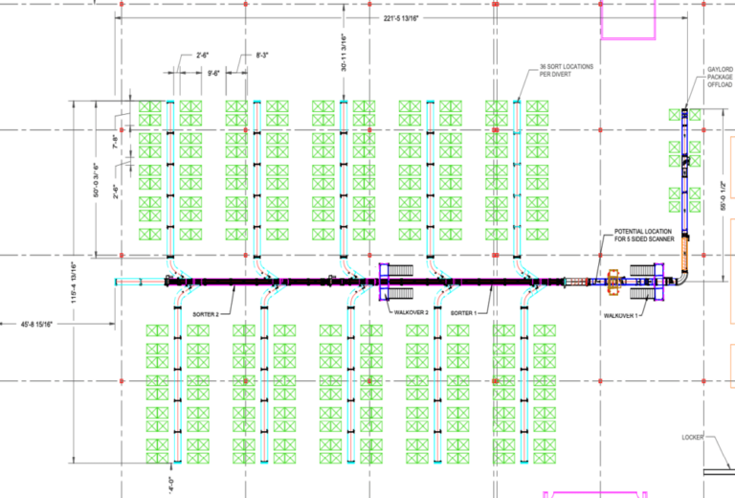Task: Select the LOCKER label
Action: pyautogui.click(x=693, y=438)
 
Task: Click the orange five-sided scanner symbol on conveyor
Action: pyautogui.click(x=614, y=282)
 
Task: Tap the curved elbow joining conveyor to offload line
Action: pyautogui.click(x=681, y=278)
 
